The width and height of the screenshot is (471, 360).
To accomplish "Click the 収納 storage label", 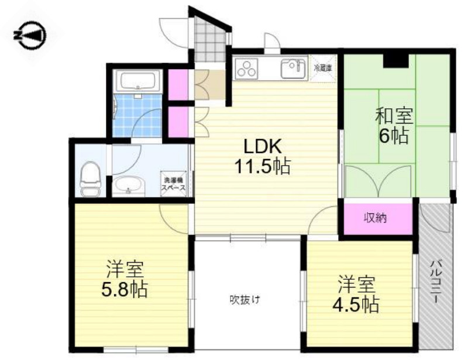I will (379, 218).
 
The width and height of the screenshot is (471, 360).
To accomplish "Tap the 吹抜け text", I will (245, 300).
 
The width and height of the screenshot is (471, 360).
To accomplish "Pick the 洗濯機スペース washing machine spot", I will (174, 184).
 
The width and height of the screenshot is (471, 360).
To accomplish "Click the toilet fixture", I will (90, 179).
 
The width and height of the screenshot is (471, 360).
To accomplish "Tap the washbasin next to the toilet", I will (127, 186).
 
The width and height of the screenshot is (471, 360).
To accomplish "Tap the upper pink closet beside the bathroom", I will (177, 84).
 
